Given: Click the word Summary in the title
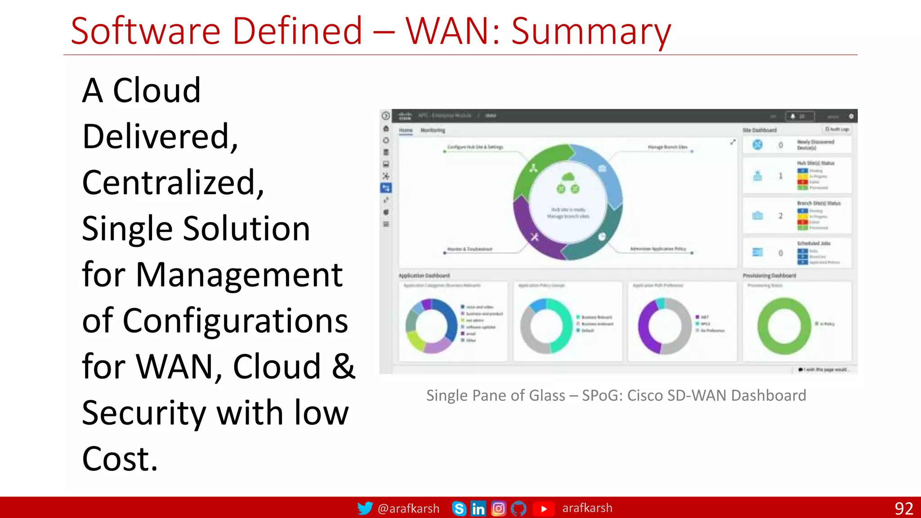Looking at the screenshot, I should [x=591, y=31].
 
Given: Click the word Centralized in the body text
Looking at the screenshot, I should [x=173, y=183].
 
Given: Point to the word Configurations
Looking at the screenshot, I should [x=235, y=321].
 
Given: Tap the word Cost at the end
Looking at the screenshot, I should [x=120, y=459].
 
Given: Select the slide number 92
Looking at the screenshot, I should [x=903, y=509].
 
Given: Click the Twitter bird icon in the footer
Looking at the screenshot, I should [x=365, y=508].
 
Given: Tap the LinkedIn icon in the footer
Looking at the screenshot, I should [x=478, y=509].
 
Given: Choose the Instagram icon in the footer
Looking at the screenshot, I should [x=498, y=509].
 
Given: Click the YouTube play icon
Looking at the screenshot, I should [x=543, y=509].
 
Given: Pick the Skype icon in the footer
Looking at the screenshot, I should [x=459, y=509].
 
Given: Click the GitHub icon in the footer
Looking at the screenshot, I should [x=519, y=509].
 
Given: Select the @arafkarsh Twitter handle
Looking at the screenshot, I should [x=408, y=509].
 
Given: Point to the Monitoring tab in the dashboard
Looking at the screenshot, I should [x=433, y=130].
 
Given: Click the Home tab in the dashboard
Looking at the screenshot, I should [x=406, y=130].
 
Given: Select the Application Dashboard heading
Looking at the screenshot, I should [x=424, y=276].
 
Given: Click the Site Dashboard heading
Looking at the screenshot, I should [x=760, y=130].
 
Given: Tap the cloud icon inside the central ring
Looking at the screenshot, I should [x=568, y=177].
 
